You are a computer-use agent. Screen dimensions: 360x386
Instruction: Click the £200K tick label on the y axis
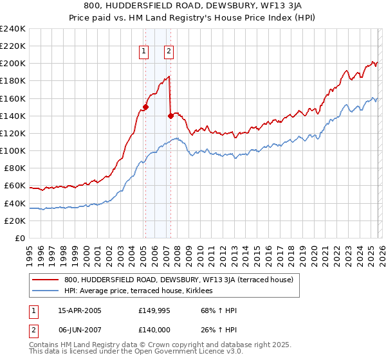[13, 64]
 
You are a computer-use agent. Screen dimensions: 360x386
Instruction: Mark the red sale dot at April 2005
[145, 107]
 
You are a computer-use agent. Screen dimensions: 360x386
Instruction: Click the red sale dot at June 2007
[170, 116]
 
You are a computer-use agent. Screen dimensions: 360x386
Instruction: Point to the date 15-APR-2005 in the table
[80, 310]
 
